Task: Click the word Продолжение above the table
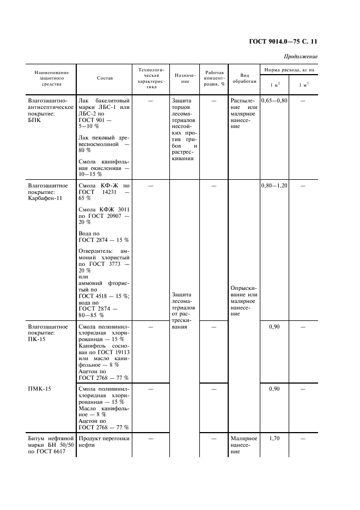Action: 300,57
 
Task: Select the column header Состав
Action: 105,78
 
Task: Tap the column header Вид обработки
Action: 241,78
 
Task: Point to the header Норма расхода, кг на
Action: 289,71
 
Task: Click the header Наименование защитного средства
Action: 52,78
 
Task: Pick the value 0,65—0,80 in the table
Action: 274,101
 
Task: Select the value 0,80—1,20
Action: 274,186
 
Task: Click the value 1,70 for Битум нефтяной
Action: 274,438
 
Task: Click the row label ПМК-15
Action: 37,389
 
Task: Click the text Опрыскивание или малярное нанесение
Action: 243,300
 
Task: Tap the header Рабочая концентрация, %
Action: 214,78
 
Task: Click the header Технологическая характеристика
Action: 150,78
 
